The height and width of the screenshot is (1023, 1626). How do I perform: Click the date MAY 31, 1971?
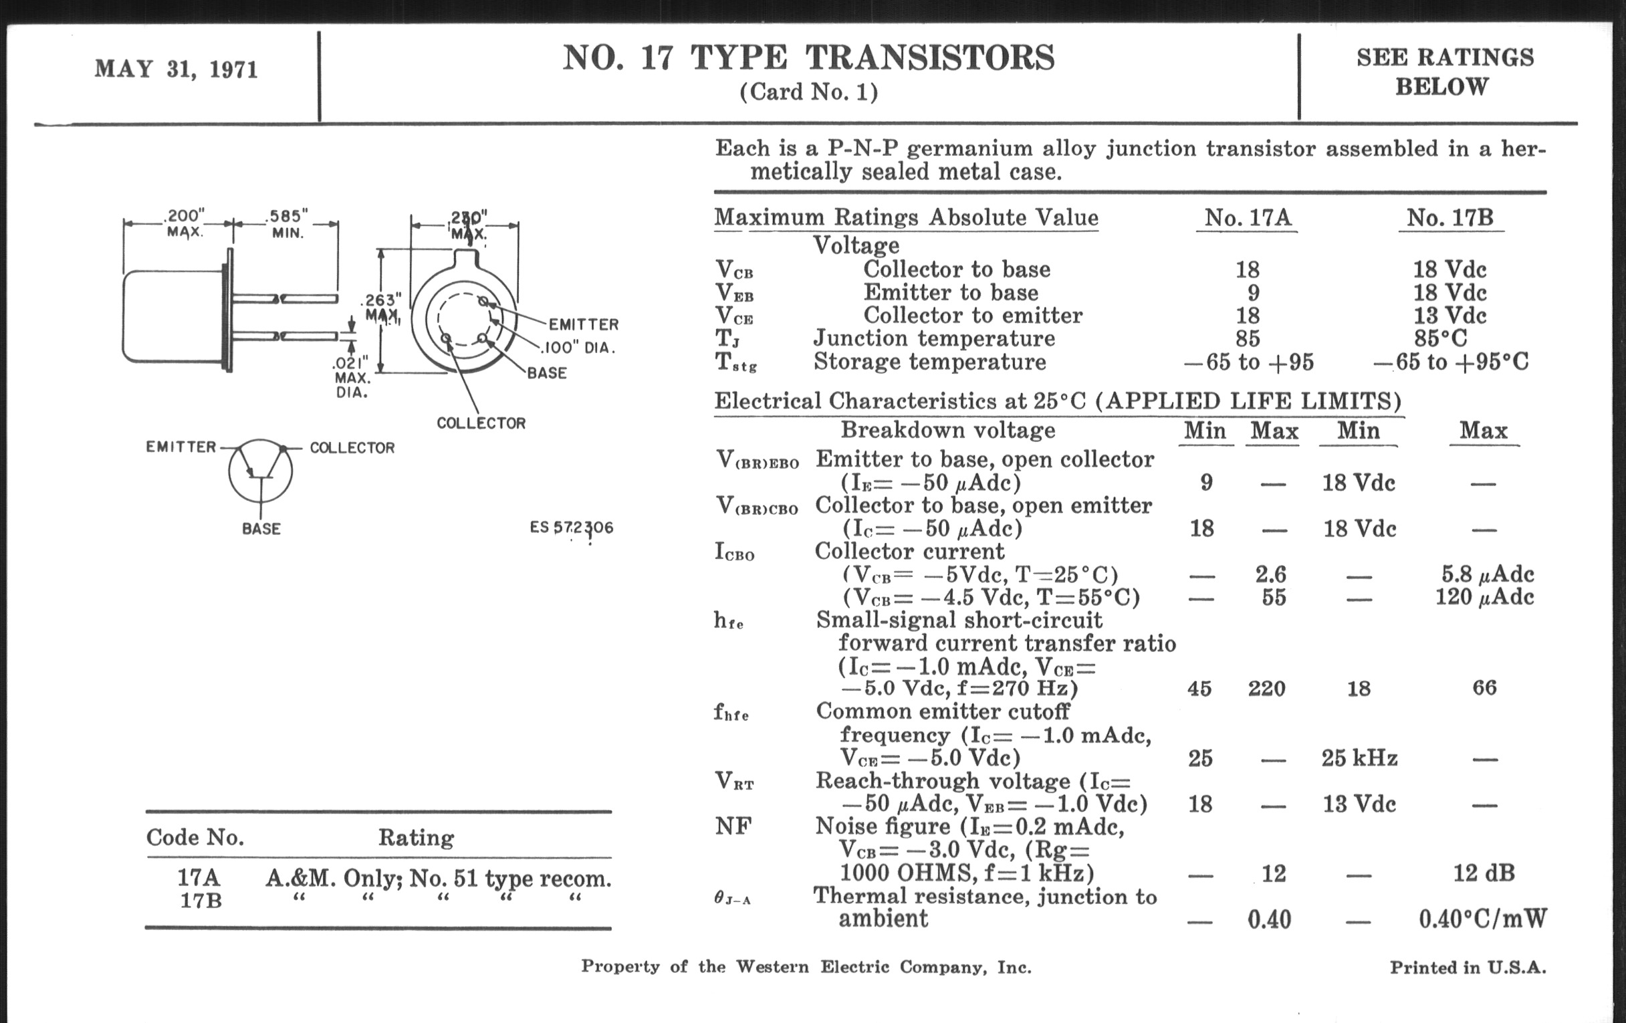click(x=177, y=70)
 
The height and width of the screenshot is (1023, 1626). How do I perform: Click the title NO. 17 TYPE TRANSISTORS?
click(x=808, y=58)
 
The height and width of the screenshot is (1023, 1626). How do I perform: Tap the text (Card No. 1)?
click(x=809, y=92)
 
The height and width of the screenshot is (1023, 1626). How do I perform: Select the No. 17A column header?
click(x=1247, y=217)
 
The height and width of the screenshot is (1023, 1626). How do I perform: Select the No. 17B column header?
click(x=1449, y=217)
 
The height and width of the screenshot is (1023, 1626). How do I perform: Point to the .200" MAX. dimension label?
click(x=184, y=223)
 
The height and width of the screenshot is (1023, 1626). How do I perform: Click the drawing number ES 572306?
click(x=571, y=528)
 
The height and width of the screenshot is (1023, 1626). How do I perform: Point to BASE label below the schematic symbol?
click(x=261, y=529)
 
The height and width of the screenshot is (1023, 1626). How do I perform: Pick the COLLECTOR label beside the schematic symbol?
click(x=352, y=448)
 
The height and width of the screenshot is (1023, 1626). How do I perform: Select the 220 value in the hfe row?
click(x=1267, y=689)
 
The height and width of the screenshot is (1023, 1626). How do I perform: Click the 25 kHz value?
click(x=1359, y=758)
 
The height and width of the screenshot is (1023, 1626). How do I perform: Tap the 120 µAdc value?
click(x=1484, y=597)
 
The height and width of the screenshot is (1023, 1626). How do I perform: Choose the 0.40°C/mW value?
click(x=1483, y=919)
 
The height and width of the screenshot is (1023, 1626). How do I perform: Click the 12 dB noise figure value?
click(x=1484, y=873)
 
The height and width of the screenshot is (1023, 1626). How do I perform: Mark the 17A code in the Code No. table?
click(x=199, y=877)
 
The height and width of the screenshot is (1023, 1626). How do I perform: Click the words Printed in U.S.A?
click(x=1468, y=968)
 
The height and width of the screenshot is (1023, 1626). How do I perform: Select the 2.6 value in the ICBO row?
click(x=1271, y=574)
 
